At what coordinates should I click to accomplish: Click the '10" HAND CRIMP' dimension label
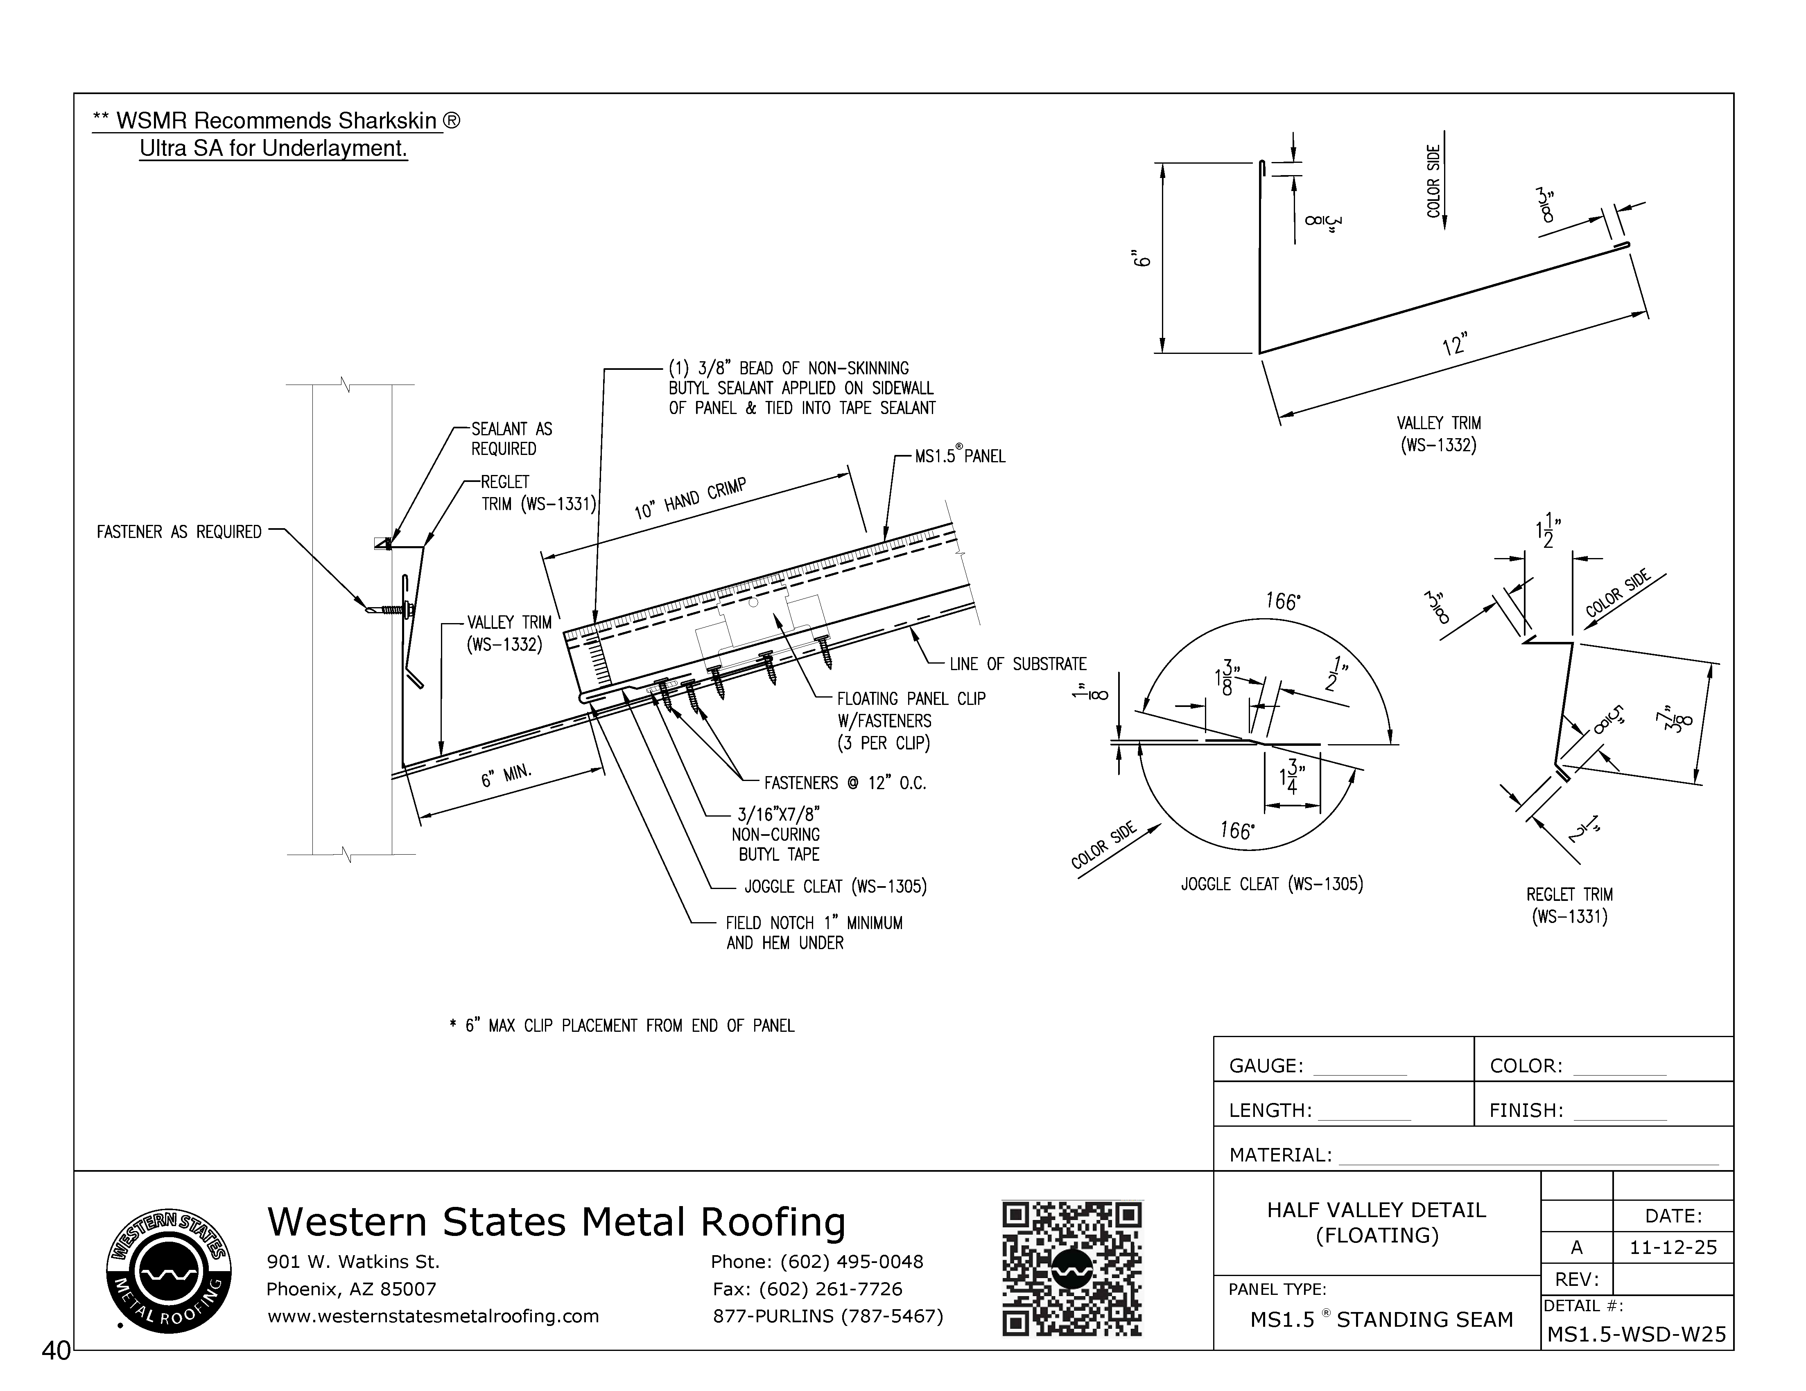tap(690, 498)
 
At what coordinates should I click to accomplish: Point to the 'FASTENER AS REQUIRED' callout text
tap(179, 532)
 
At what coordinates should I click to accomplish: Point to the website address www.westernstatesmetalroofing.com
tap(432, 1316)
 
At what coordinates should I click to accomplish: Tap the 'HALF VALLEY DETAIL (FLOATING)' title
tap(1376, 1222)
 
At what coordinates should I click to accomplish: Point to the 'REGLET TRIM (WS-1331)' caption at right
tap(1569, 905)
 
